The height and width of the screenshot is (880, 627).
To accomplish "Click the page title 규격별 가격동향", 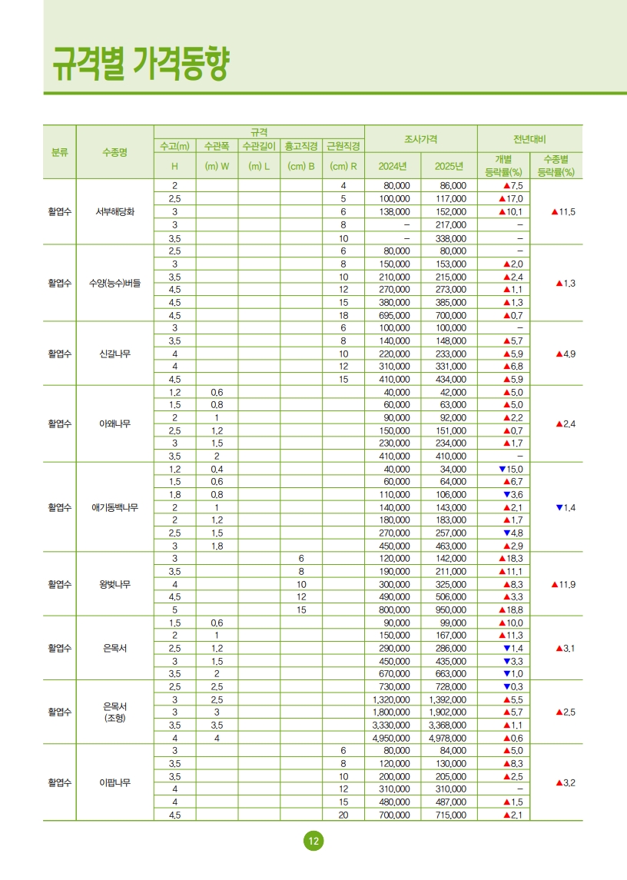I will (141, 63).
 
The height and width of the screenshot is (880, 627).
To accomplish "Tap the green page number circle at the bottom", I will (313, 841).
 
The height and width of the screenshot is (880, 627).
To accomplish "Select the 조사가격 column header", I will (420, 139).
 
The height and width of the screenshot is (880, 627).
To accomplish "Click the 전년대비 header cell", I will (529, 139).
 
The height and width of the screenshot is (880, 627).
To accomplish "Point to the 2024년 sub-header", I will (392, 166).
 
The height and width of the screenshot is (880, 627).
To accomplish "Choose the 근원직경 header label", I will (343, 145).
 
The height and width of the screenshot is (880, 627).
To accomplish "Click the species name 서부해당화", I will (115, 211).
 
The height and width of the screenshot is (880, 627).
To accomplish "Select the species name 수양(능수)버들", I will (115, 283).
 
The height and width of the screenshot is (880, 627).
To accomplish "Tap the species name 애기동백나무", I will (115, 507).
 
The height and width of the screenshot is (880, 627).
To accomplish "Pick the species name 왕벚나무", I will (115, 584).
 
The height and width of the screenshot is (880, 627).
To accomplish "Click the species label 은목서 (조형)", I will (115, 712).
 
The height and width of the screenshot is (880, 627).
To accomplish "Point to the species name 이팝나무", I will (115, 783).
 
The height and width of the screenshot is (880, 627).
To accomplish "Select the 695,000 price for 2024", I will (392, 315).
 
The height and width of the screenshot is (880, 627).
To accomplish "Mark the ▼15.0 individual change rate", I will (510, 469).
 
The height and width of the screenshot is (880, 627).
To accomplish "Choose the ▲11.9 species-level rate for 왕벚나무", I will (564, 584).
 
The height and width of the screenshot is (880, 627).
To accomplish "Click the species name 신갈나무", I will (115, 354).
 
